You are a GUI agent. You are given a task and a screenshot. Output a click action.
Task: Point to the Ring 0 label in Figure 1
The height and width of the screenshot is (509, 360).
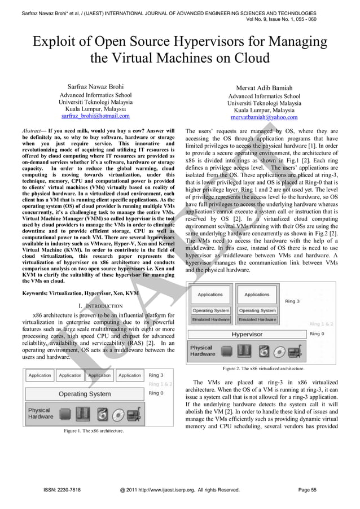tap(156, 393)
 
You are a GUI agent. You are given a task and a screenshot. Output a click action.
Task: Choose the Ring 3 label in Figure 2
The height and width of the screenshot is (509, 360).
tap(292, 301)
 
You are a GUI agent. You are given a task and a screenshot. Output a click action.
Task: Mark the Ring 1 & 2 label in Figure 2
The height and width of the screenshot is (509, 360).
tap(321, 324)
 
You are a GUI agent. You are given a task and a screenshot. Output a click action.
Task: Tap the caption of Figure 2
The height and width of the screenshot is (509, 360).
tap(263, 368)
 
